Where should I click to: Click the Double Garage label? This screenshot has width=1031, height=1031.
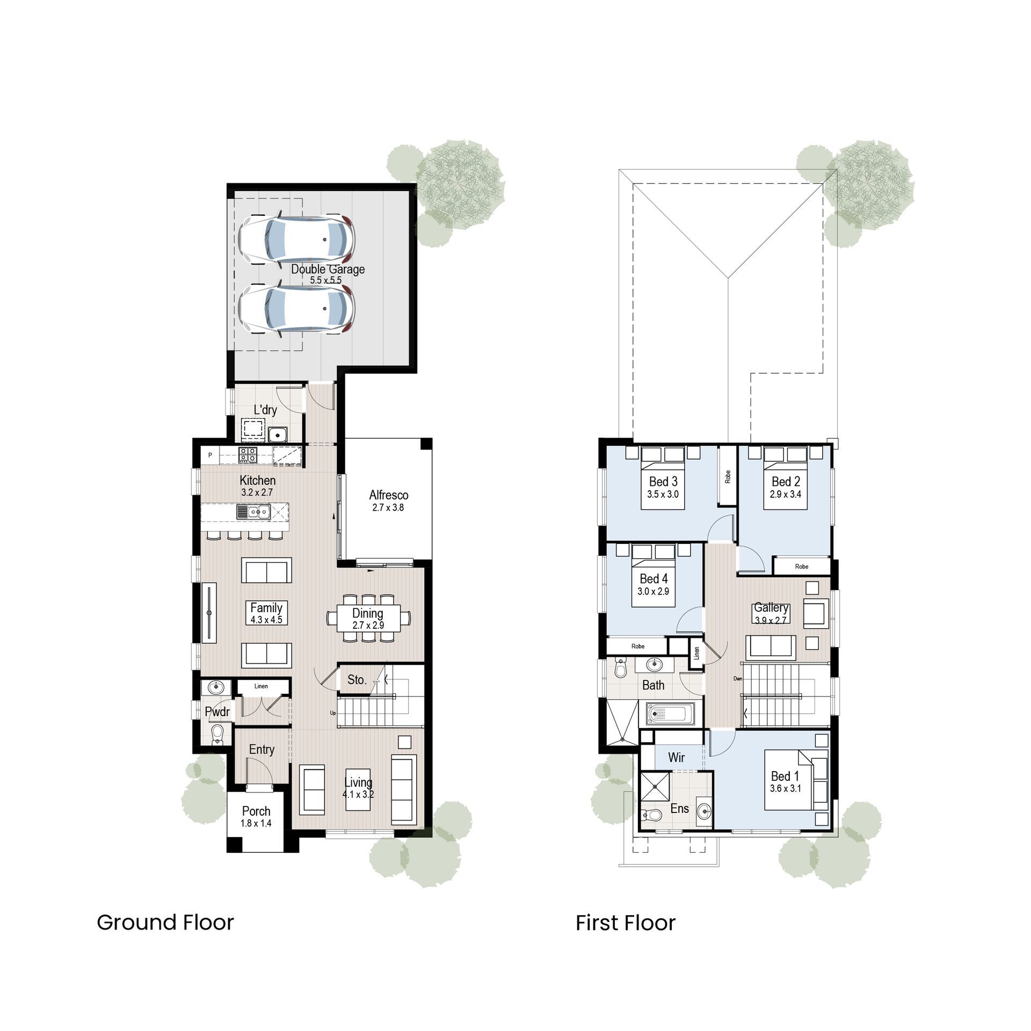328,269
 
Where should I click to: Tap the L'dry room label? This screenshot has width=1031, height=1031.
265,410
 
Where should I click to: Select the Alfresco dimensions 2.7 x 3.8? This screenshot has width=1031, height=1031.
388,507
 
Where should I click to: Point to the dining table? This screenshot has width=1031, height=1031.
368,619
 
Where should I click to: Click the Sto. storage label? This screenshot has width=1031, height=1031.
357,679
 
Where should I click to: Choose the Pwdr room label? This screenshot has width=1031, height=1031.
217,711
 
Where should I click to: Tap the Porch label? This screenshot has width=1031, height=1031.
256,811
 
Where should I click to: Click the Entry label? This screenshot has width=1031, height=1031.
262,749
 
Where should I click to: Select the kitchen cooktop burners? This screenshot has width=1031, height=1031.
248,455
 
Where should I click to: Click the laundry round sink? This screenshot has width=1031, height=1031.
278,434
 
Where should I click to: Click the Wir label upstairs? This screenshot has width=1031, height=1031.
676,757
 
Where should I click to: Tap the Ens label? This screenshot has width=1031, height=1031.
679,808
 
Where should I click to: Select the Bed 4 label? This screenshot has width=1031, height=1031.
654,578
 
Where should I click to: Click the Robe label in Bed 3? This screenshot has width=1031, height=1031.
728,476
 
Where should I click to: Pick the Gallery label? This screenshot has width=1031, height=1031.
771,607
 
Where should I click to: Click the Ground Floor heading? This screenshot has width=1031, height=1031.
165,922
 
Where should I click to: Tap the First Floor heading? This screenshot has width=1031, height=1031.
626,923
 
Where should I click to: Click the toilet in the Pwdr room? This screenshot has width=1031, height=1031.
217,734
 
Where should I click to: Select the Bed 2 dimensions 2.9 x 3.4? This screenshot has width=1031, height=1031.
786,494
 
